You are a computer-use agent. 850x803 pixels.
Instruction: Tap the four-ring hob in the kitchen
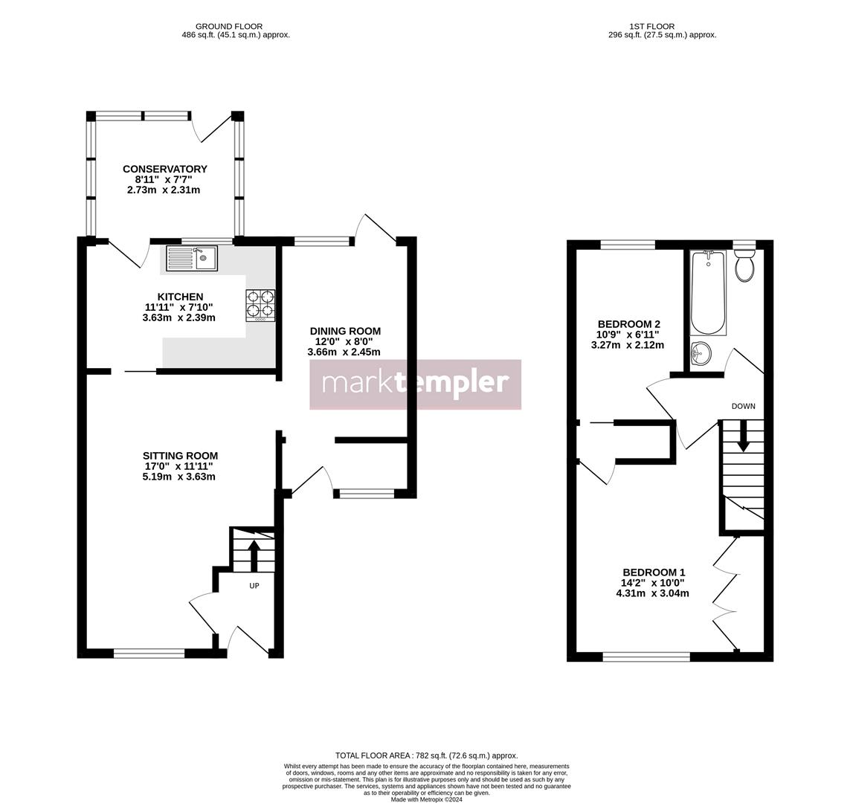click(x=260, y=306)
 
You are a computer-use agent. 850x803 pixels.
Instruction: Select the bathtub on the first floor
click(x=708, y=293)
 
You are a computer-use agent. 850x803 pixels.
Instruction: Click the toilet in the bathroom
click(x=744, y=265)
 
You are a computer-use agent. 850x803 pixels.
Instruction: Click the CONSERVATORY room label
click(x=164, y=169)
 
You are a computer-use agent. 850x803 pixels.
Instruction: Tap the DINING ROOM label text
click(x=345, y=331)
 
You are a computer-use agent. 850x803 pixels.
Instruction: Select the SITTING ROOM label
click(x=180, y=456)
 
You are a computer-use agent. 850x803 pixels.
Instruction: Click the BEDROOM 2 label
click(x=628, y=324)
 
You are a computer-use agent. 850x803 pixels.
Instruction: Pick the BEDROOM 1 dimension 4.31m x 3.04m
click(x=652, y=593)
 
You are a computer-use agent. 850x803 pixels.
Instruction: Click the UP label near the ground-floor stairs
click(x=254, y=586)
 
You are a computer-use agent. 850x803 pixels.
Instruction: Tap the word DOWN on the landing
click(x=743, y=406)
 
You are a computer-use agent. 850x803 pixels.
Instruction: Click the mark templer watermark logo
click(x=415, y=384)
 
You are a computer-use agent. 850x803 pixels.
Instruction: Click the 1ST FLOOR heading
click(x=661, y=26)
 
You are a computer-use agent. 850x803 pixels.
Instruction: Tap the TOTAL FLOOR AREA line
click(x=426, y=755)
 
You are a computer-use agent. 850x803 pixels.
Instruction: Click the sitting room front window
click(x=149, y=654)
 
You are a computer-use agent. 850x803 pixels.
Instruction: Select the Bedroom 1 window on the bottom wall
click(x=645, y=657)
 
